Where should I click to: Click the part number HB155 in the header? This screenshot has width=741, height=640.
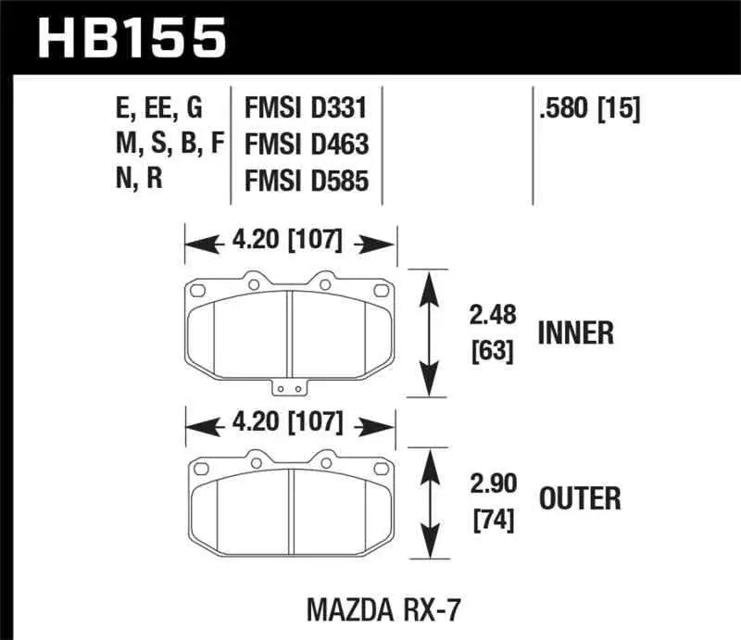pos(131,39)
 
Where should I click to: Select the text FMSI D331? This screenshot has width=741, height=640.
pos(306,110)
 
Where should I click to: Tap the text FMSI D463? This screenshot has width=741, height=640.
pos(307,144)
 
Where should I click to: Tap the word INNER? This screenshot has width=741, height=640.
pos(575,333)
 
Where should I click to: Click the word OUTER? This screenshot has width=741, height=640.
pos(580,500)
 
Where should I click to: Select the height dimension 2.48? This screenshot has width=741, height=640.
pos(491,317)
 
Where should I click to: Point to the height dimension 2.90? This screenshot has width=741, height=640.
pos(491,483)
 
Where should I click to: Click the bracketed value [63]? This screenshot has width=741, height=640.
pos(491,351)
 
